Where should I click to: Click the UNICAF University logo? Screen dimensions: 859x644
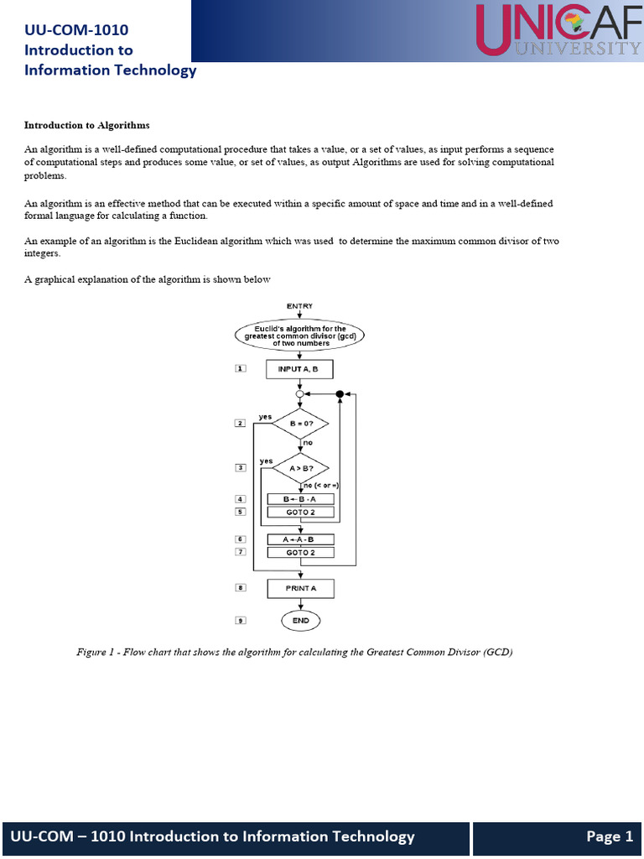pyautogui.click(x=558, y=31)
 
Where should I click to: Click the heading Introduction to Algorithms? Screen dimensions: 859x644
pyautogui.click(x=87, y=125)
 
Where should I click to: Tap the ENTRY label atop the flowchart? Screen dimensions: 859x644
pyautogui.click(x=300, y=306)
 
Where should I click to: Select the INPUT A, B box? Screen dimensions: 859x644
pyautogui.click(x=300, y=368)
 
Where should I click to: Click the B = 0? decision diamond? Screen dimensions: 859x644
pyautogui.click(x=300, y=424)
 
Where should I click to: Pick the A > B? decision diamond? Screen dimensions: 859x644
pyautogui.click(x=300, y=468)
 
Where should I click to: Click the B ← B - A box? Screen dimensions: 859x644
pyautogui.click(x=300, y=498)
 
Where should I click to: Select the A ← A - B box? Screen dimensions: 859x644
pyautogui.click(x=300, y=539)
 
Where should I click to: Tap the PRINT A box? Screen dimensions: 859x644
pyautogui.click(x=300, y=588)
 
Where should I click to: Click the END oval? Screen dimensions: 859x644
pyautogui.click(x=300, y=621)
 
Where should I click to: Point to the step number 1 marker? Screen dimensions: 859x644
pyautogui.click(x=241, y=368)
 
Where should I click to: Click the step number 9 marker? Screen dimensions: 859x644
pyautogui.click(x=241, y=621)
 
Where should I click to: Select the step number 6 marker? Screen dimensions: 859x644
pyautogui.click(x=241, y=539)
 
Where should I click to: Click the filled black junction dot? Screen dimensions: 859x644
pyautogui.click(x=340, y=393)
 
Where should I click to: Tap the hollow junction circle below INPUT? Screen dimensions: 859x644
pyautogui.click(x=300, y=393)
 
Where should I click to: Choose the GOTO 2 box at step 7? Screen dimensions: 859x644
pyautogui.click(x=300, y=552)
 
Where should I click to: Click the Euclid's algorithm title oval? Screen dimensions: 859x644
pyautogui.click(x=300, y=336)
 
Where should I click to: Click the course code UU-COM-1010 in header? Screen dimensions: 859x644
pyautogui.click(x=76, y=31)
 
